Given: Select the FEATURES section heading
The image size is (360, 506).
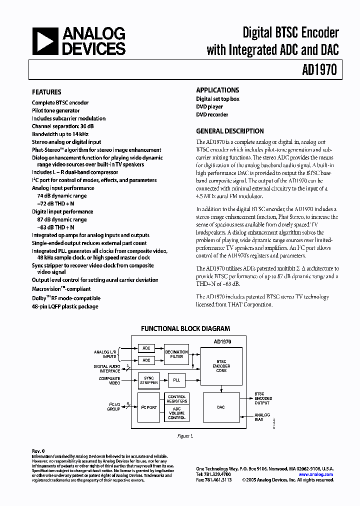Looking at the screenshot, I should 46,92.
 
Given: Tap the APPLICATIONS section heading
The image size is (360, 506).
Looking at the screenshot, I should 217,90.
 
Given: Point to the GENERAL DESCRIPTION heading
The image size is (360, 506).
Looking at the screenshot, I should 230,131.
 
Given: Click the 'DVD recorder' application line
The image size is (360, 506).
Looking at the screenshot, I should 212,115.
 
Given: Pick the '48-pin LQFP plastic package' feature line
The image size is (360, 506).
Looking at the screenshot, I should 65,306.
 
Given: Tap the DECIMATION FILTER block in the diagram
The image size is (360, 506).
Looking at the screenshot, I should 176,354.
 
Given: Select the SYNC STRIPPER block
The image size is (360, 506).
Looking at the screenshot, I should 148,380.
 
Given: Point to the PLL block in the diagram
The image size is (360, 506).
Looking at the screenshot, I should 176,380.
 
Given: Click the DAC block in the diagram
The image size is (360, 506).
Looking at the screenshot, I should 221,407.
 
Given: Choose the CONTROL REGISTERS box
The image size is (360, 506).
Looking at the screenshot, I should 176,399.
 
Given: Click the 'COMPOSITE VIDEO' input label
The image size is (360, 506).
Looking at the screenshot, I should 109,380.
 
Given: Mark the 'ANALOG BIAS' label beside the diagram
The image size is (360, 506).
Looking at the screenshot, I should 262,417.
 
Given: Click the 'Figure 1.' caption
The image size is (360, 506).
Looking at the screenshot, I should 185,436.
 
